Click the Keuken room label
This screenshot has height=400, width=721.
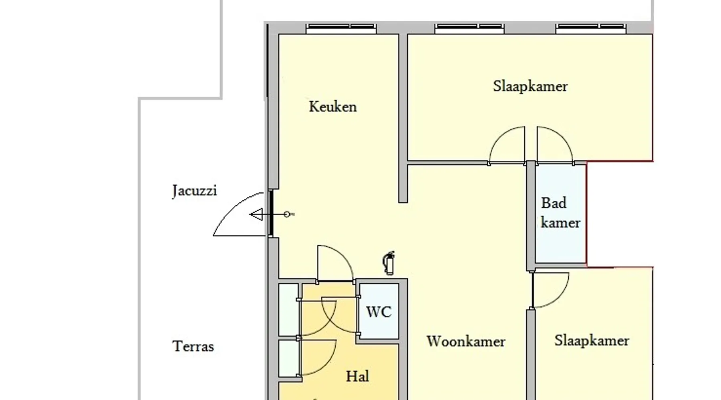click(x=333, y=107)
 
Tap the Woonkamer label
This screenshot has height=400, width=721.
click(x=466, y=341)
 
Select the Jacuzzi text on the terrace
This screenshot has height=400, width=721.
click(x=194, y=191)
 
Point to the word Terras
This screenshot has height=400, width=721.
click(x=193, y=346)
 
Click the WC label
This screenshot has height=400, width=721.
click(x=379, y=312)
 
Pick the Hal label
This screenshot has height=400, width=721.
click(x=357, y=376)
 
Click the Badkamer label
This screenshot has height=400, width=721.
click(x=560, y=213)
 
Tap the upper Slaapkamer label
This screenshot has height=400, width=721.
click(x=530, y=86)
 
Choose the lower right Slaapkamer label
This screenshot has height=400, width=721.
click(x=592, y=341)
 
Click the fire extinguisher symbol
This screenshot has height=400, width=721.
click(x=389, y=263)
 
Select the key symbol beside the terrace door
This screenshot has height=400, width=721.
click(x=289, y=214)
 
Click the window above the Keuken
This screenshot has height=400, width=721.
click(x=341, y=28)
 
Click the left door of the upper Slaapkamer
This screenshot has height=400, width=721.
click(x=507, y=145)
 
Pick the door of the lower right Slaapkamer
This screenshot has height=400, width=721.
click(x=550, y=290)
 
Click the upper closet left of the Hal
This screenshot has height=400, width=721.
click(x=288, y=310)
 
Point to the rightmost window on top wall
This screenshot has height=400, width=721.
click(x=591, y=28)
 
